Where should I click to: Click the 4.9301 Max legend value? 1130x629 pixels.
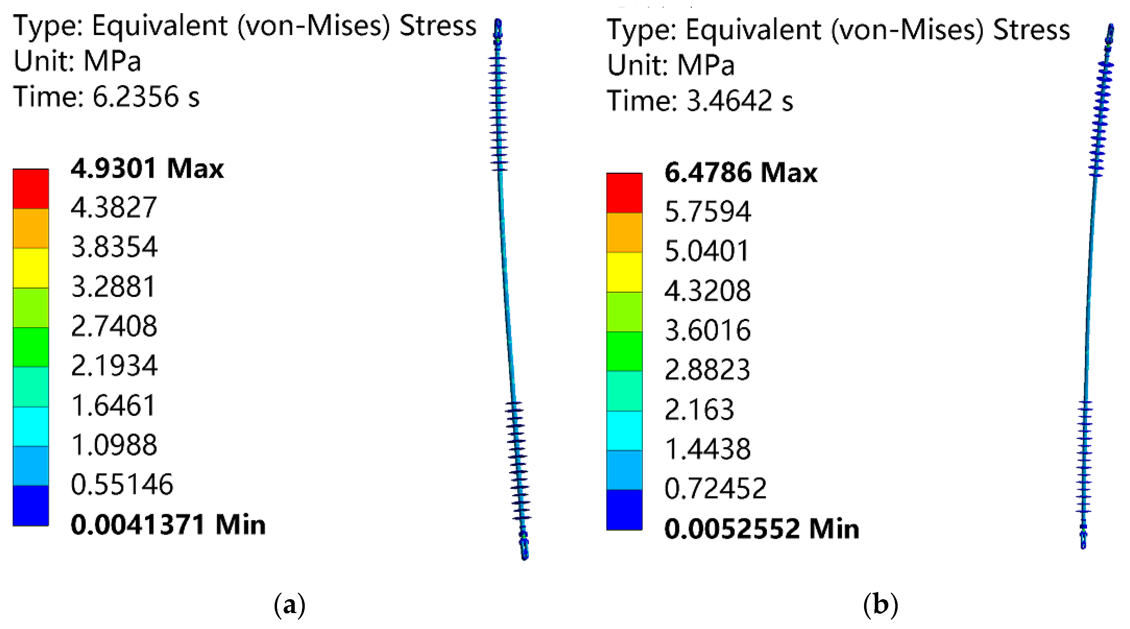147,169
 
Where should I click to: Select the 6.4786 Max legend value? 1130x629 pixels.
741,172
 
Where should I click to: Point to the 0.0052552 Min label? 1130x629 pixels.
761,529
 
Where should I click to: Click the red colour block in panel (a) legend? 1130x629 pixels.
31,189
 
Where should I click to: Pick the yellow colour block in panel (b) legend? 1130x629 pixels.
624,272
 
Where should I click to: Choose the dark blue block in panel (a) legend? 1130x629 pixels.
31,505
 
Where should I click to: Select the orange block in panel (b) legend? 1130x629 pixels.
624,233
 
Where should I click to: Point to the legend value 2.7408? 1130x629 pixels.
114,326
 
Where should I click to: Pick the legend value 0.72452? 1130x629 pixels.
715,489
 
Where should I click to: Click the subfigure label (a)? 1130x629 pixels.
290,605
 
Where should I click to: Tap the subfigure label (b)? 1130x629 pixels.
880,605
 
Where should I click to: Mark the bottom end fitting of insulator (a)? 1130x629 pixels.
524,546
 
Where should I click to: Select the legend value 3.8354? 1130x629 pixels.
114,247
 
